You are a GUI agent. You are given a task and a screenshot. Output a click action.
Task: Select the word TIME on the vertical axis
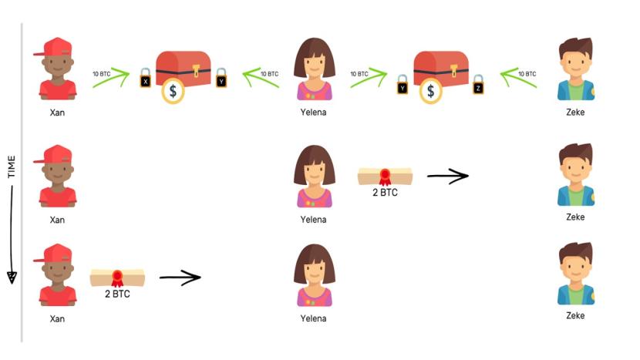point(12,167)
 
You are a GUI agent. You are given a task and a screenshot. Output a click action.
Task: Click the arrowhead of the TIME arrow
point(12,276)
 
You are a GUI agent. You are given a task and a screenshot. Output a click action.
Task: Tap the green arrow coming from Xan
point(110,78)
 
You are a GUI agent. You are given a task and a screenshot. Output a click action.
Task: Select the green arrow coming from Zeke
point(517,78)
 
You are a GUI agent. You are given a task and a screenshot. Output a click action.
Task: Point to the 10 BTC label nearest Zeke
point(527,73)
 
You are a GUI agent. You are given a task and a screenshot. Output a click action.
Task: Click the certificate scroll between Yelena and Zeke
point(385,177)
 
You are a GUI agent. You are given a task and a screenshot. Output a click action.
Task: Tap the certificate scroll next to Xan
point(117,277)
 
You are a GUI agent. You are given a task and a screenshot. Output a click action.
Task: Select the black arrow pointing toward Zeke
point(447,176)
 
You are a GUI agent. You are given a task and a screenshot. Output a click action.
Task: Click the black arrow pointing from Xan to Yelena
point(180,276)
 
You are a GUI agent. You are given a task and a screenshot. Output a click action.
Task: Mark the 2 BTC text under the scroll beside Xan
point(117,294)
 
